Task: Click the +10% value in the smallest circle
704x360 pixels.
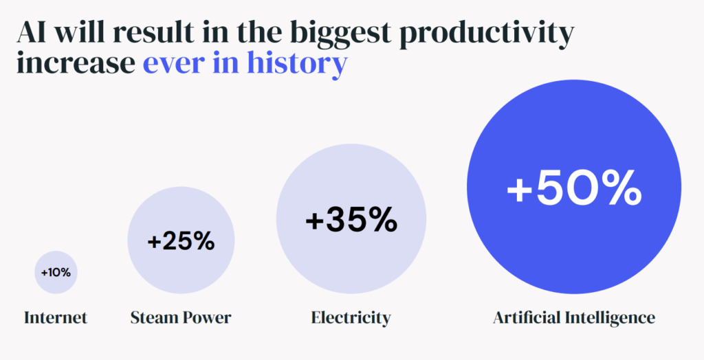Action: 56,273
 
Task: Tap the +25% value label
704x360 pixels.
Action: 181,242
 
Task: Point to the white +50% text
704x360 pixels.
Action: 574,187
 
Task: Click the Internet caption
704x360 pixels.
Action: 56,318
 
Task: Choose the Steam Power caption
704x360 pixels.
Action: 181,318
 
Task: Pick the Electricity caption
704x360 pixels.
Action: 351,318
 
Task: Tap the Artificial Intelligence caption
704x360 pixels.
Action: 574,318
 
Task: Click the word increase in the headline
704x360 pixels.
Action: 76,64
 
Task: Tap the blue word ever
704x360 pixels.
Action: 173,64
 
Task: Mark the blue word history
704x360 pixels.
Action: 297,65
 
